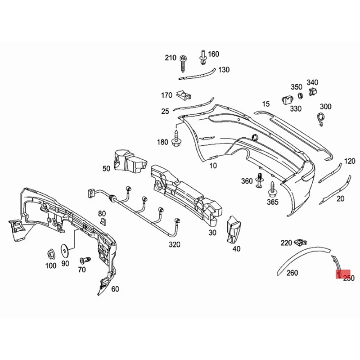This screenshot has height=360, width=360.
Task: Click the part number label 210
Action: [x=171, y=58]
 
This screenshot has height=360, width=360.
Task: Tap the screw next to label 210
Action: [x=183, y=63]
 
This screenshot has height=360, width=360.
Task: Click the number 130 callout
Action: [x=224, y=70]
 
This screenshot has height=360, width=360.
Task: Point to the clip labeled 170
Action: [x=183, y=95]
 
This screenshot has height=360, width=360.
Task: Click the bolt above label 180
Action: [x=176, y=138]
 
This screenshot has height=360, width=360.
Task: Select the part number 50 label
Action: [x=106, y=169]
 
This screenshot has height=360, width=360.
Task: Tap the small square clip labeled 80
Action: [x=103, y=221]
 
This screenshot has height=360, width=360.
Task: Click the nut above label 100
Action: [x=50, y=253]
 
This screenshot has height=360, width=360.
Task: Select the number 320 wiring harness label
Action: [x=174, y=244]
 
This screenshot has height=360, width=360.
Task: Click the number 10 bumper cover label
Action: [x=213, y=165]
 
